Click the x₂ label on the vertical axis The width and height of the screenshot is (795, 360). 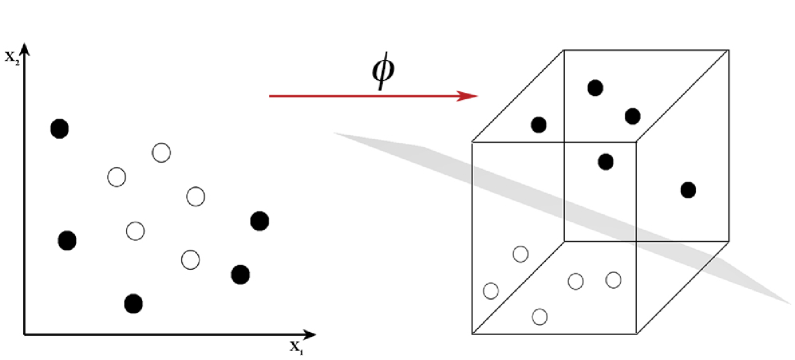12,57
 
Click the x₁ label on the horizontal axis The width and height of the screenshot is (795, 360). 297,346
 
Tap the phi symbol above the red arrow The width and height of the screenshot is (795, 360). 382,71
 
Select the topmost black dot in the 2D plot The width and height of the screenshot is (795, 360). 59,128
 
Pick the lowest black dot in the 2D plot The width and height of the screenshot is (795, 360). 133,303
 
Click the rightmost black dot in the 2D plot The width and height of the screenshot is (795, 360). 260,221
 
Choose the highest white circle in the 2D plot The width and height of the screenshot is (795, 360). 162,153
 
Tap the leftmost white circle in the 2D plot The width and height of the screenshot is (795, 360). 117,178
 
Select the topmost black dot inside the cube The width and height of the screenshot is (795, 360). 595,88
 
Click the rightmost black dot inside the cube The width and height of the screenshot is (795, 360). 687,190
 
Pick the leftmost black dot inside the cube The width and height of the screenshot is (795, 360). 539,125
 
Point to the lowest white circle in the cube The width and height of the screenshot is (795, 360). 540,317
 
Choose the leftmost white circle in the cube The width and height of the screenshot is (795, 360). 491,291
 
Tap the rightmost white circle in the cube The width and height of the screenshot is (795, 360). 613,280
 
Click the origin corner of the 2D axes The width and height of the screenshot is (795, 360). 24,333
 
